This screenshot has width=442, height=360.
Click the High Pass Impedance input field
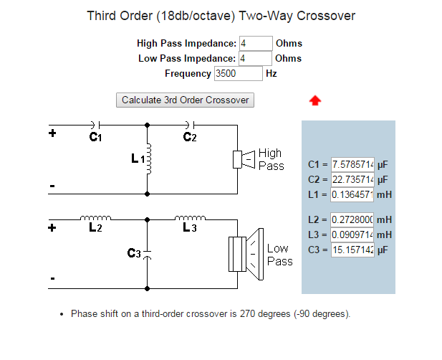[256, 44]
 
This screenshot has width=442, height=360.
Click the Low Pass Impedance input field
[256, 58]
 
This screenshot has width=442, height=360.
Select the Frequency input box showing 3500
[239, 73]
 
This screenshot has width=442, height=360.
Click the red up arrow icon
[315, 100]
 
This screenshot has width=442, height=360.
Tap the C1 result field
[352, 165]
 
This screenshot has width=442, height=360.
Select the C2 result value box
[352, 179]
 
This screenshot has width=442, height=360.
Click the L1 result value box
[352, 194]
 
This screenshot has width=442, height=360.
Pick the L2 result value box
[352, 219]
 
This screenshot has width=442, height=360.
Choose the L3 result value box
[352, 235]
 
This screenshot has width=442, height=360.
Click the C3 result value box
[352, 249]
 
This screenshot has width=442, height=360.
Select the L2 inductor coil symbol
[95, 217]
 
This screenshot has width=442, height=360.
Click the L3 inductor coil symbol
[189, 217]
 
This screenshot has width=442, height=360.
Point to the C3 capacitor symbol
[147, 252]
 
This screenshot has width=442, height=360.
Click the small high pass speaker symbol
[244, 159]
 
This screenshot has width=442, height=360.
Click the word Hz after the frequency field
[272, 73]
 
